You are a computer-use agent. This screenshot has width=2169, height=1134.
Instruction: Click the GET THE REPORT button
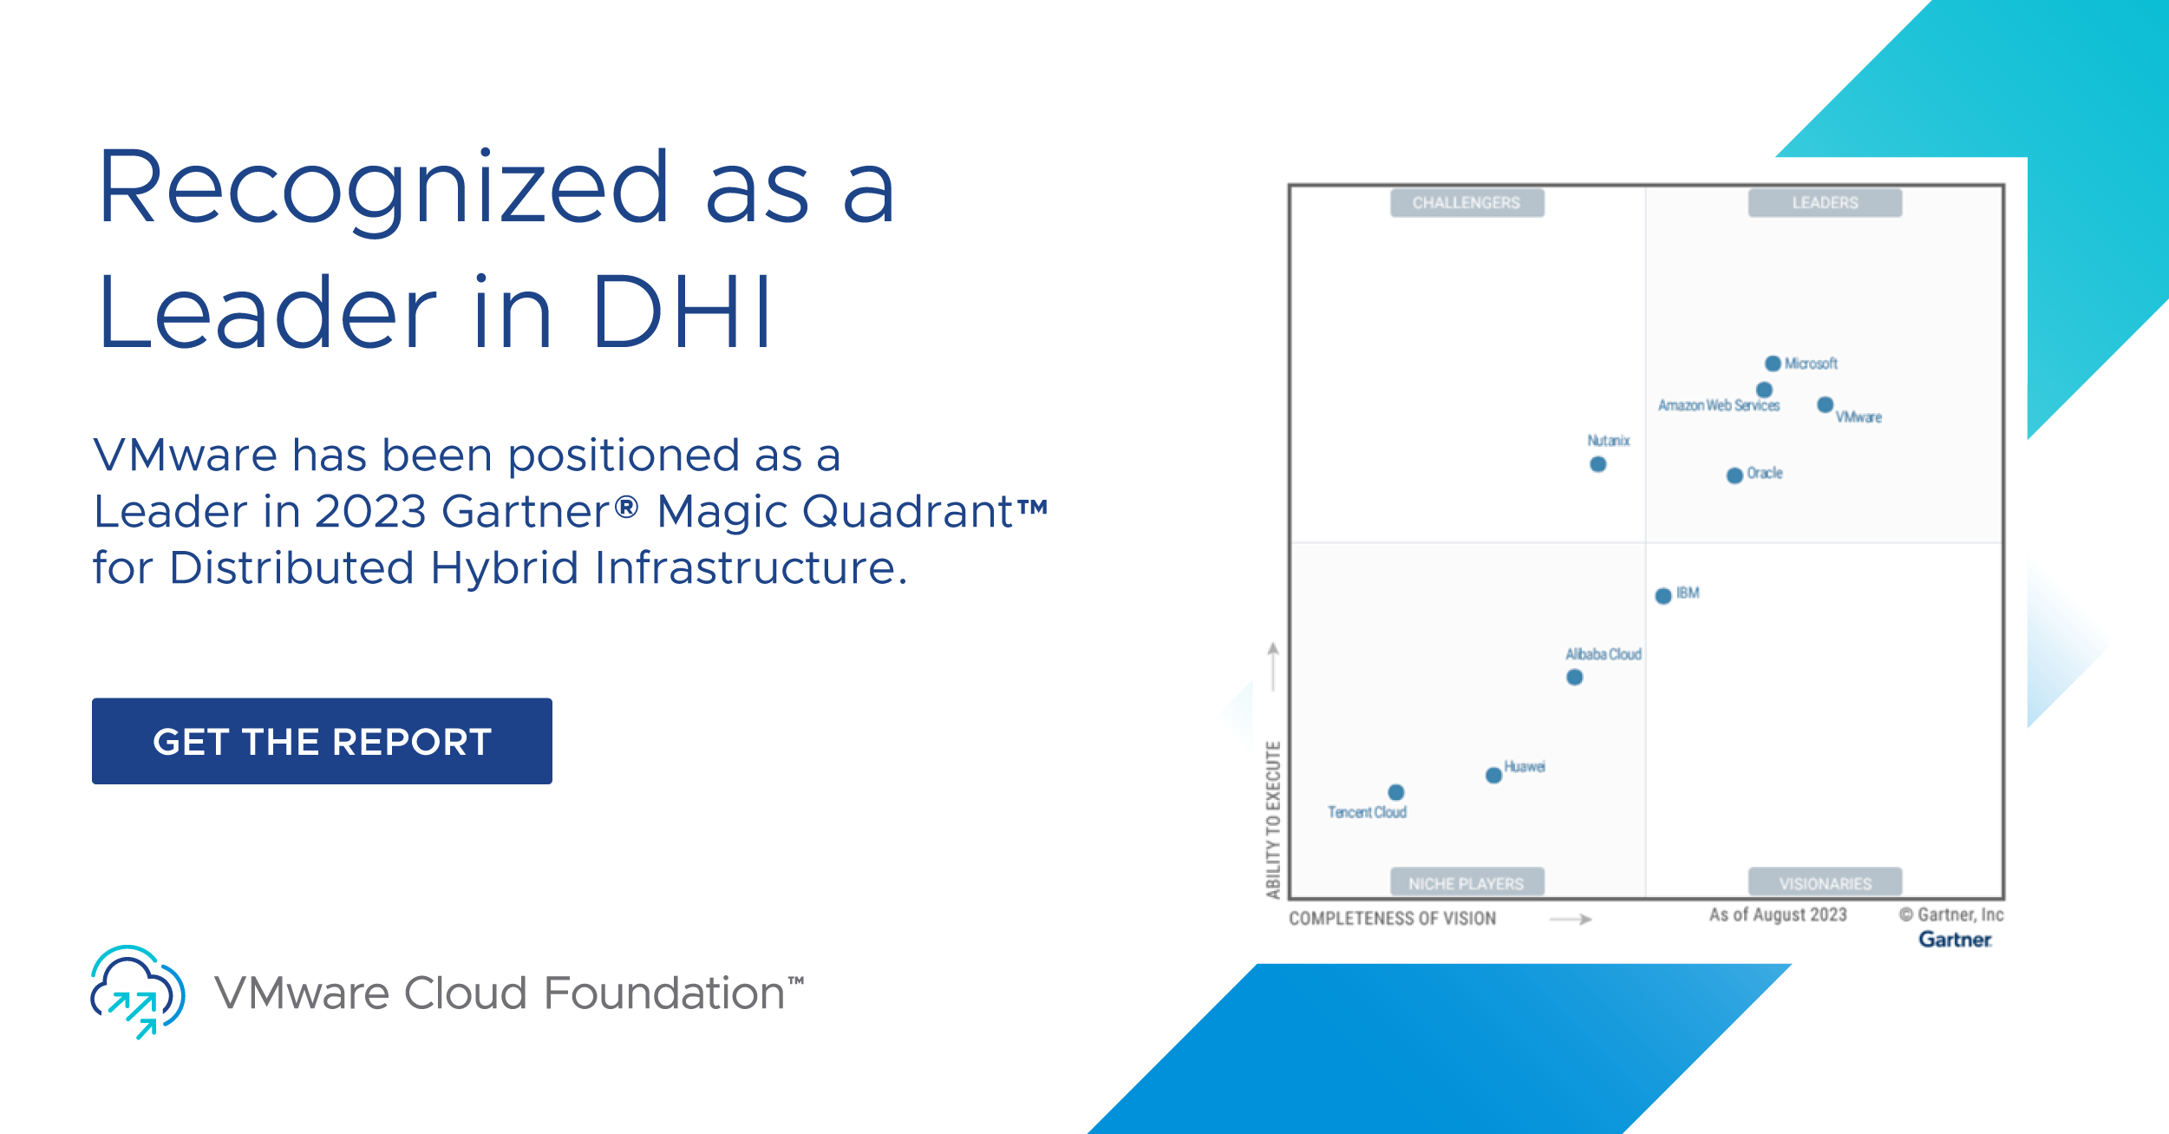[x=322, y=741]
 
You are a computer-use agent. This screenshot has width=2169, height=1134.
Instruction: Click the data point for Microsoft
[x=1773, y=364]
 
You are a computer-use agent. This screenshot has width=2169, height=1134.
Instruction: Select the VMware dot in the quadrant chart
[x=1825, y=404]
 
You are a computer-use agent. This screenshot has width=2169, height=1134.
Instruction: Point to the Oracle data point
[x=1735, y=475]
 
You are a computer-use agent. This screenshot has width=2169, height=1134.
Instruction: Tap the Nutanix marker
[x=1597, y=464]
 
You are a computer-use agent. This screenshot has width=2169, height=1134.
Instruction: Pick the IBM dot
[x=1663, y=596]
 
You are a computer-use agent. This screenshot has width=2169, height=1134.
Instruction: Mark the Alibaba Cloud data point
[x=1575, y=678]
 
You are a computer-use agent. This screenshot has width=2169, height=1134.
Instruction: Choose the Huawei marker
[x=1493, y=775]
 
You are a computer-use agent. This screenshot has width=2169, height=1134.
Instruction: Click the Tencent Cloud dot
[x=1395, y=792]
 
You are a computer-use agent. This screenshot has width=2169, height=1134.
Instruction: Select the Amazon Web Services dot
[x=1764, y=390]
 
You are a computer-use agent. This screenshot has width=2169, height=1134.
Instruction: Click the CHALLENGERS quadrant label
[x=1467, y=203]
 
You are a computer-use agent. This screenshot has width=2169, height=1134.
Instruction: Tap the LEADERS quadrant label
[x=1825, y=203]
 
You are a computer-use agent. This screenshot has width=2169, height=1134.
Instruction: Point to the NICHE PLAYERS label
[x=1467, y=883]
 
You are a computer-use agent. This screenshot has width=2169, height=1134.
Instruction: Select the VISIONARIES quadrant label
[x=1825, y=883]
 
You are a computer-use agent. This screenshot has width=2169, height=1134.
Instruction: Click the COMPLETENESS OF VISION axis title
[x=1392, y=919]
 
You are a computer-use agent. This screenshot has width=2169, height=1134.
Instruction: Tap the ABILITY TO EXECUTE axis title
[x=1273, y=820]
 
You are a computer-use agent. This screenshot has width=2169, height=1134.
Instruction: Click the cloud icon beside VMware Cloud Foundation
[x=138, y=992]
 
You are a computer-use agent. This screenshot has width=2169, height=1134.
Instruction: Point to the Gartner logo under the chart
[x=1955, y=940]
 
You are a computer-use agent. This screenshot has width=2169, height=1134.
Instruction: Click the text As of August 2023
[x=1778, y=914]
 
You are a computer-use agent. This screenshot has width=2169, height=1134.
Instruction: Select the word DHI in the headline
[x=682, y=311]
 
